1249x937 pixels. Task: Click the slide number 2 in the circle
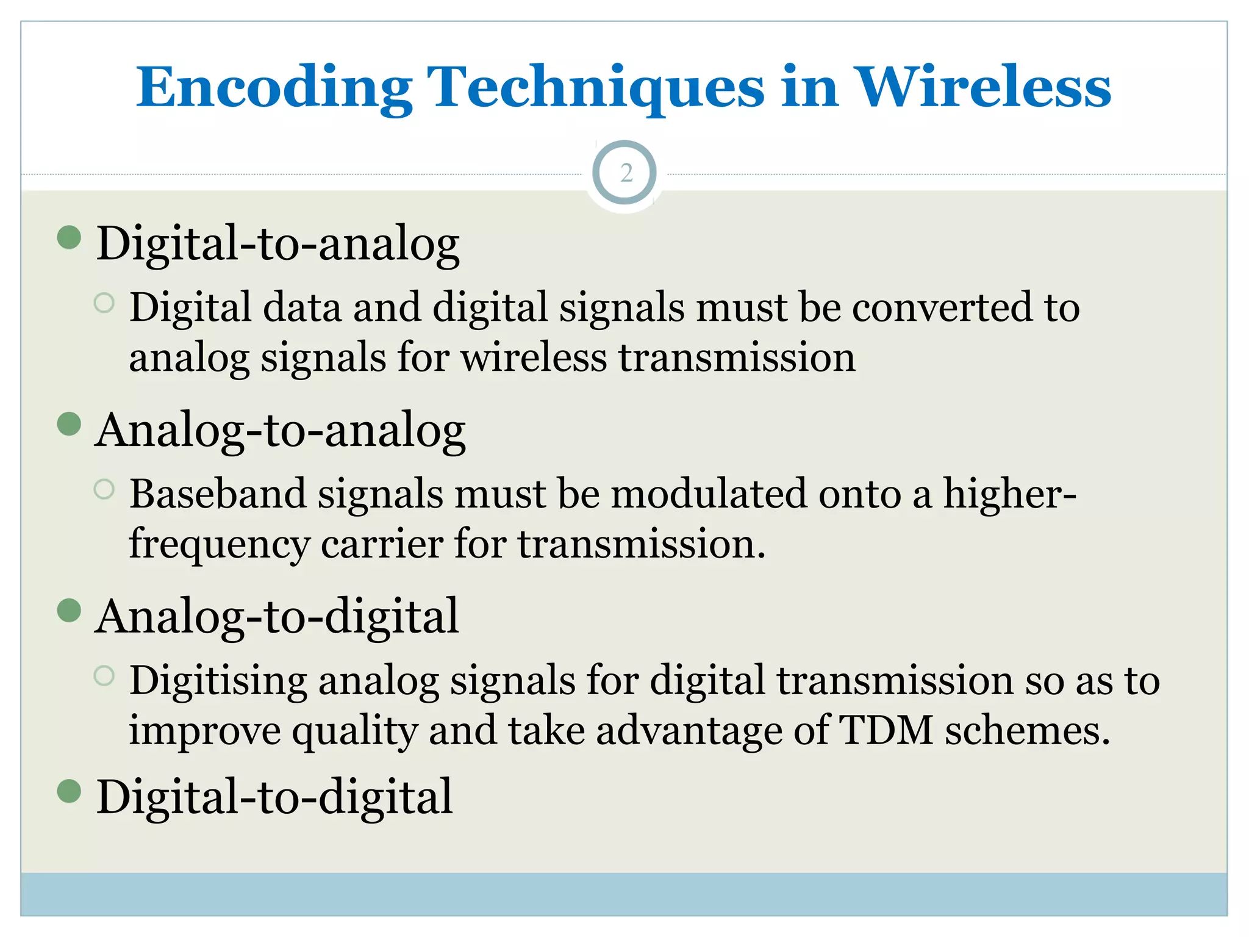pyautogui.click(x=625, y=173)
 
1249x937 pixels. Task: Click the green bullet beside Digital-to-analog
pyautogui.click(x=70, y=238)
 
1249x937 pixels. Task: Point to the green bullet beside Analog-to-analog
pyautogui.click(x=70, y=425)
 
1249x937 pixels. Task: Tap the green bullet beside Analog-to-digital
pyautogui.click(x=70, y=611)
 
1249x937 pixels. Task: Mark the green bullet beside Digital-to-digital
pyautogui.click(x=70, y=791)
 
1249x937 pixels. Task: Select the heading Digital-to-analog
pyautogui.click(x=278, y=244)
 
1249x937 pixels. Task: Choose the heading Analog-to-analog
pyautogui.click(x=281, y=431)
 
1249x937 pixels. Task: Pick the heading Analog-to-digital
pyautogui.click(x=277, y=617)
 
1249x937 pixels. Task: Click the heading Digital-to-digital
pyautogui.click(x=274, y=797)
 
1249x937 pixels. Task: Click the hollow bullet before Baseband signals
pyautogui.click(x=104, y=489)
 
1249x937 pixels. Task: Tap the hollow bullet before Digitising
pyautogui.click(x=104, y=675)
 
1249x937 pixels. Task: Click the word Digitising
pyautogui.click(x=218, y=681)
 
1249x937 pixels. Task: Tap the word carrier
pyautogui.click(x=382, y=544)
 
